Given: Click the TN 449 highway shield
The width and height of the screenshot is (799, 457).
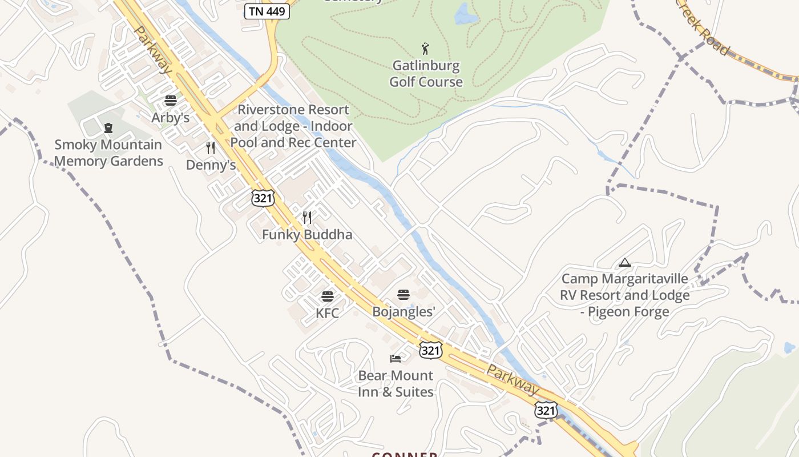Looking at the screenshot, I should click(267, 11).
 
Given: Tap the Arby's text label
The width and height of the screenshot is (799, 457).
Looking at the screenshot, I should click(170, 118).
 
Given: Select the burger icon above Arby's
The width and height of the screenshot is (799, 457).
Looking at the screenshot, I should click(170, 101).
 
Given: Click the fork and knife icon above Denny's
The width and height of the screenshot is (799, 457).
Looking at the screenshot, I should click(211, 148).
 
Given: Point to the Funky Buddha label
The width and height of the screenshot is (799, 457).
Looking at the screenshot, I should click(307, 234).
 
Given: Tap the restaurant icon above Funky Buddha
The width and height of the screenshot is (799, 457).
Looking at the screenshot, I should click(307, 218).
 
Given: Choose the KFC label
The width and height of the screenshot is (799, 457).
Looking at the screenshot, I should click(327, 313).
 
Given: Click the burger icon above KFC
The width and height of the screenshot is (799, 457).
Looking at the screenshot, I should click(327, 296).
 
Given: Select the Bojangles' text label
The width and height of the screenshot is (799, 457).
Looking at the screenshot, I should click(403, 311).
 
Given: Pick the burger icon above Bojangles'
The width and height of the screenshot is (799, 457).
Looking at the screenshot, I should click(403, 295).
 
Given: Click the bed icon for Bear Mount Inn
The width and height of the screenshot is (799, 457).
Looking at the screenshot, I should click(396, 359).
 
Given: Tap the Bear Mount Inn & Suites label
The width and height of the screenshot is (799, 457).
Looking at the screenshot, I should click(396, 383).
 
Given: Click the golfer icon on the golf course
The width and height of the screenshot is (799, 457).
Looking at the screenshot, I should click(425, 48).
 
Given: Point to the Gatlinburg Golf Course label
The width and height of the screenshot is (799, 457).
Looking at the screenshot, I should click(426, 74).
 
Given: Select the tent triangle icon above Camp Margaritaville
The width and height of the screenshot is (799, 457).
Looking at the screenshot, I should click(625, 263).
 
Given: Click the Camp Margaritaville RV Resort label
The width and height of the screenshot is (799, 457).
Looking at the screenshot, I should click(625, 295).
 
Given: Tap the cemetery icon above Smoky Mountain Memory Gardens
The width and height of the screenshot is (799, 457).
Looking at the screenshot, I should click(108, 128).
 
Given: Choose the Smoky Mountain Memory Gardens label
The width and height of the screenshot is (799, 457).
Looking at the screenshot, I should click(108, 153).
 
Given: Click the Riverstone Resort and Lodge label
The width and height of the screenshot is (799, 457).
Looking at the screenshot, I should click(293, 126).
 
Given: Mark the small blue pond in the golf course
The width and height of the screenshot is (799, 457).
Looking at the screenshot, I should click(465, 14).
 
